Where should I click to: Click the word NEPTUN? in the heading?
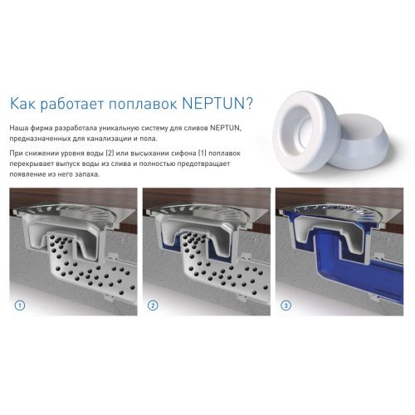coord(217,103)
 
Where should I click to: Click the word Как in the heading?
coord(22,103)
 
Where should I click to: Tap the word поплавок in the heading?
coord(143,104)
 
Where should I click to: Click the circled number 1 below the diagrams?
coord(20,305)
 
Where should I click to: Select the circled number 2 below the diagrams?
coord(153,305)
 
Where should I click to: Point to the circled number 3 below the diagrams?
coord(286,305)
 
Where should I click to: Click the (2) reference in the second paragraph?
coord(110,153)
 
